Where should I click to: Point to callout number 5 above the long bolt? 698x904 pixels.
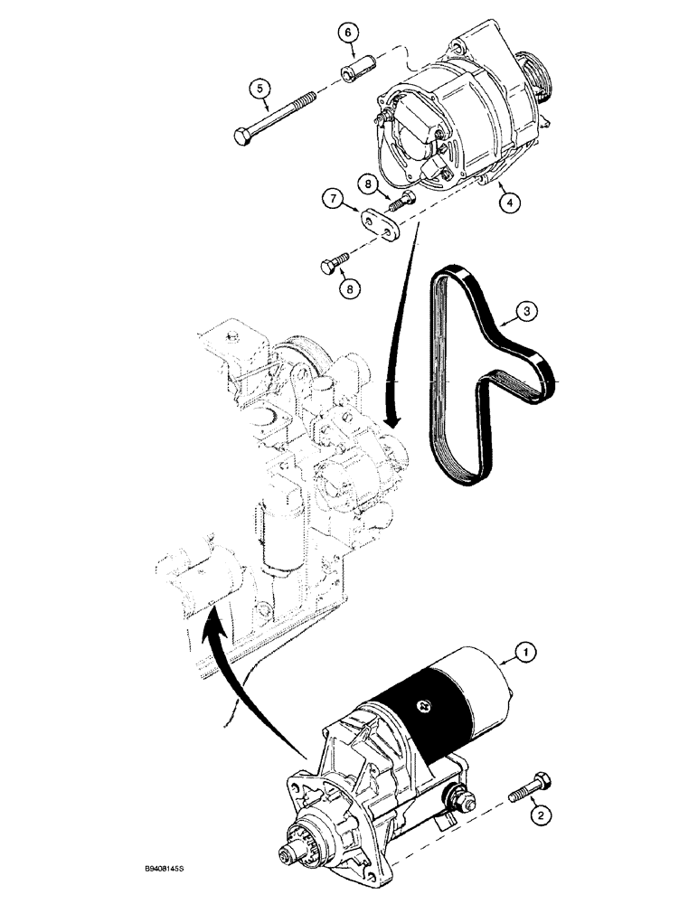[260, 88]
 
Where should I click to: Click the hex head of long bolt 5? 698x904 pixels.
[242, 137]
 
